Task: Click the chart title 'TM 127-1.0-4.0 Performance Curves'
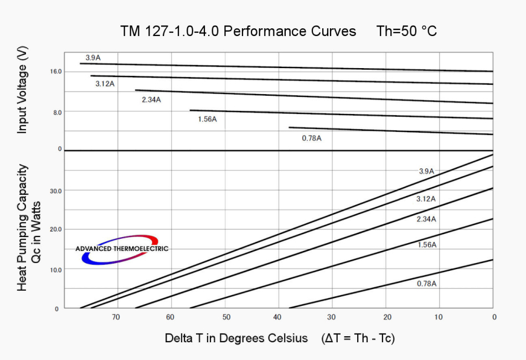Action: click(238, 31)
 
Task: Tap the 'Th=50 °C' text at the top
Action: click(406, 31)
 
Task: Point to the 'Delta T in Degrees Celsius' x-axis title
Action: click(236, 338)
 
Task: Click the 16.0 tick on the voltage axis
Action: click(55, 72)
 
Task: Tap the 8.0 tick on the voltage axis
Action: click(56, 112)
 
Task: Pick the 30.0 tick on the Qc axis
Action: click(55, 191)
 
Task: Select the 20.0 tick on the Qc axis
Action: click(55, 229)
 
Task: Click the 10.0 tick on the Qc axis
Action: click(55, 269)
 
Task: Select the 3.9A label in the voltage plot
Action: click(92, 58)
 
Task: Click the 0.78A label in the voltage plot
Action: click(311, 138)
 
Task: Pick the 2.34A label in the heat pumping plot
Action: click(426, 219)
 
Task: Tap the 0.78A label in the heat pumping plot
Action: click(426, 284)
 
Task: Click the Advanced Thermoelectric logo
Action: click(122, 249)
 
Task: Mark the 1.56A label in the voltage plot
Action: click(207, 119)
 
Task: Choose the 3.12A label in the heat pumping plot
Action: click(426, 199)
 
